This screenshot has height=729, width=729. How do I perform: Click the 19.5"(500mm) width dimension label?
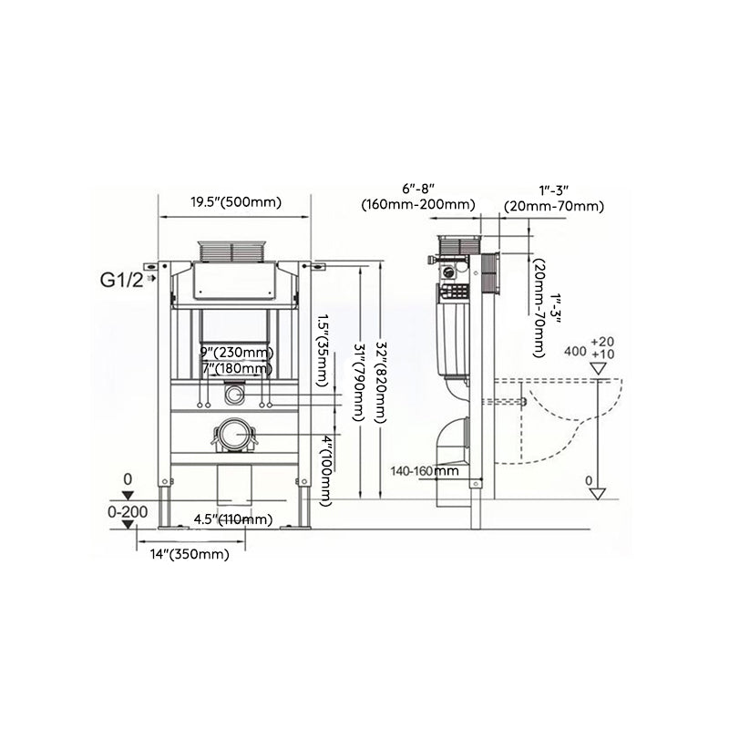tap(235, 202)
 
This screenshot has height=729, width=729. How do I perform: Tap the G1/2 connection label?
tap(121, 280)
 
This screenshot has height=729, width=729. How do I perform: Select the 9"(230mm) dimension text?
tap(235, 353)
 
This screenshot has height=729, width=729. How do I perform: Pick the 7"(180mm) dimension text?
tap(235, 368)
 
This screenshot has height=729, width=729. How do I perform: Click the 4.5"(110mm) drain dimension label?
tap(232, 520)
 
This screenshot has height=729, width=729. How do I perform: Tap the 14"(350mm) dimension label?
tap(190, 554)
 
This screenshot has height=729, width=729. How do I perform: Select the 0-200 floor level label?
tap(127, 512)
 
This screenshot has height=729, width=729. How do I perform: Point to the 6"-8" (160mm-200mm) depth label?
tap(417, 196)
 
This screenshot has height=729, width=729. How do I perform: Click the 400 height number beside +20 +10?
tap(575, 351)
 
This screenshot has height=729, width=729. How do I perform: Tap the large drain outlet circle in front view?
tap(235, 436)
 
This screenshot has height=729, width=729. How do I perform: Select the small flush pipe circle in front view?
tap(234, 395)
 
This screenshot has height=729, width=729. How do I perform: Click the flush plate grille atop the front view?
tap(235, 252)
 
